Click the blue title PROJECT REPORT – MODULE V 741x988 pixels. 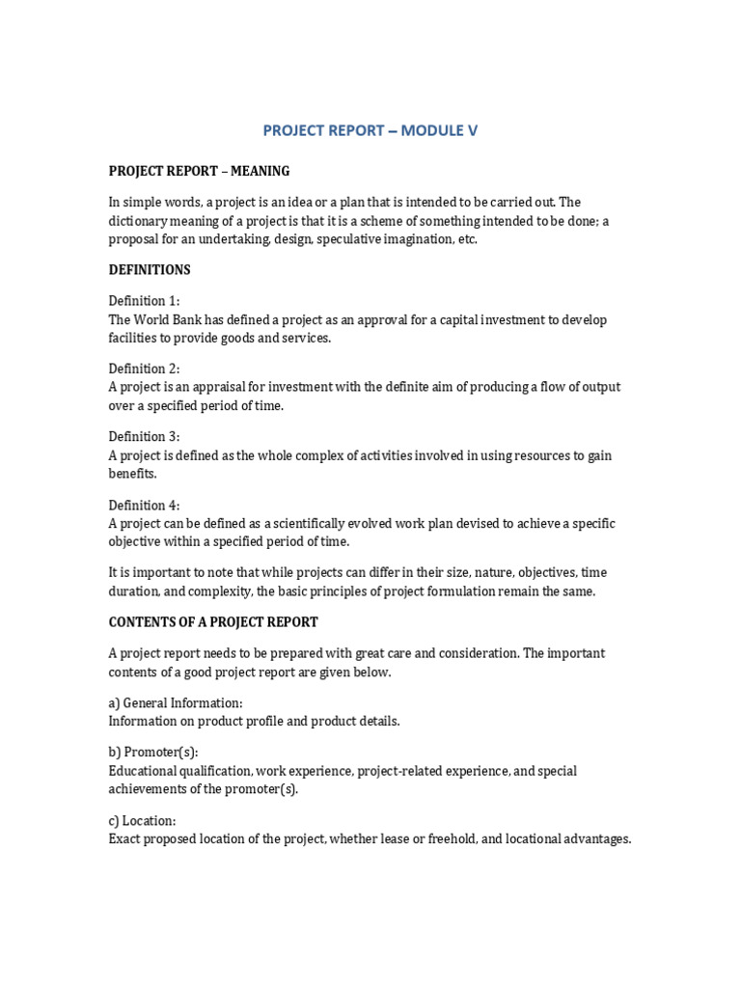pos(370,131)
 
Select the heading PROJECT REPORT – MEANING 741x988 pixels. pos(199,172)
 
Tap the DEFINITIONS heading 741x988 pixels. pos(150,270)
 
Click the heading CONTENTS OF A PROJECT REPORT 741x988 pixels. pos(213,622)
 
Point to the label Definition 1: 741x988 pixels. pos(144,301)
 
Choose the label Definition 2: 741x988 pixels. pos(144,369)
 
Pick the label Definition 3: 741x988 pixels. pos(144,437)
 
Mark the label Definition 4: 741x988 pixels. pos(144,505)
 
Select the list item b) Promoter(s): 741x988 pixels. pos(153,753)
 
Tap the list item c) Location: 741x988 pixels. pos(142,821)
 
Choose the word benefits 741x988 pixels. pos(132,474)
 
